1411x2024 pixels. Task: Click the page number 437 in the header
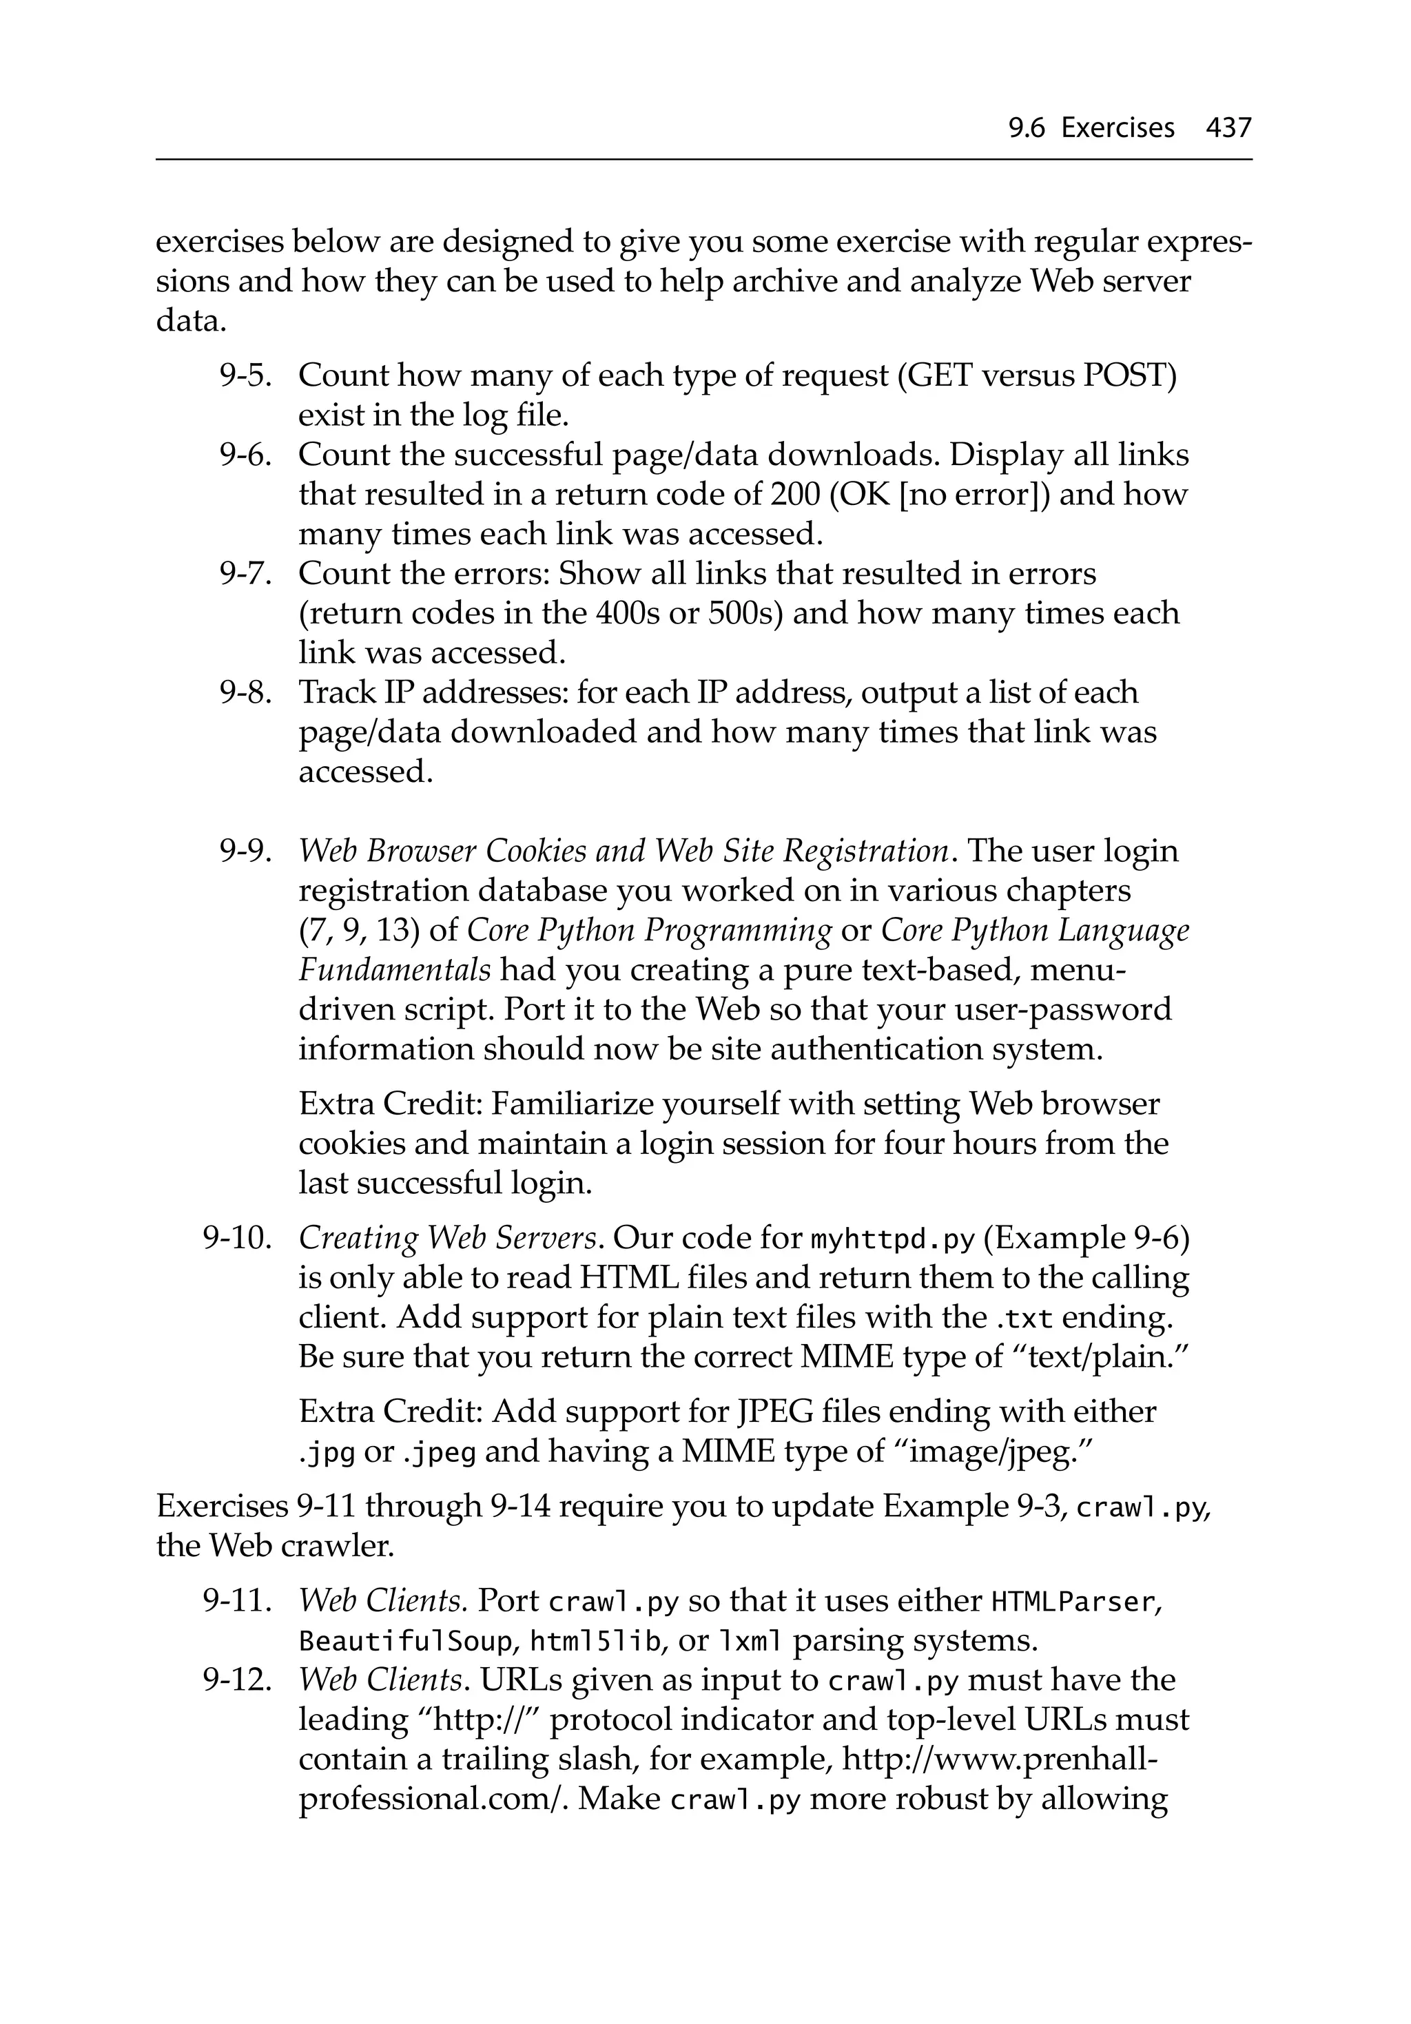[x=1228, y=129]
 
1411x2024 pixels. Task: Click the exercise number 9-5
[x=243, y=375]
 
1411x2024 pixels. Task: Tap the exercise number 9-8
[x=243, y=693]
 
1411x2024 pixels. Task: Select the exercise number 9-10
[x=236, y=1239]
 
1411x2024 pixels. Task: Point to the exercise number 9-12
[x=236, y=1680]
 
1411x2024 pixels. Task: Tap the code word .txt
[x=1024, y=1319]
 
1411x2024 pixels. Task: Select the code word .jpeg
[x=439, y=1453]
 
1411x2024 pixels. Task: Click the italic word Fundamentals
[x=394, y=971]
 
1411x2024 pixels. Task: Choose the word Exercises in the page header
[x=1118, y=129]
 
